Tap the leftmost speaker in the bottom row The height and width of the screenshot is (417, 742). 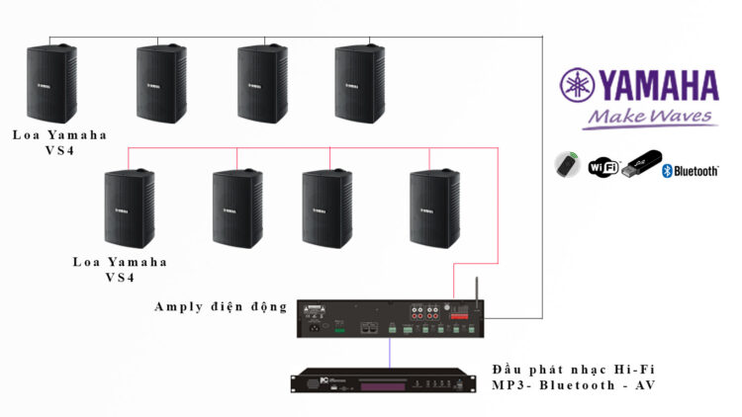pos(129,208)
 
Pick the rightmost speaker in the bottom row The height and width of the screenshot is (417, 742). pos(435,208)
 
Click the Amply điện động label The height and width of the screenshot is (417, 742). pos(221,306)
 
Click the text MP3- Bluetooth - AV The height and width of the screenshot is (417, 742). pos(574,385)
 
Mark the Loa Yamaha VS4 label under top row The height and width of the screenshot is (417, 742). pos(59,142)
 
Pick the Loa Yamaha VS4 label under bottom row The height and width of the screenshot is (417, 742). pos(120,270)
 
